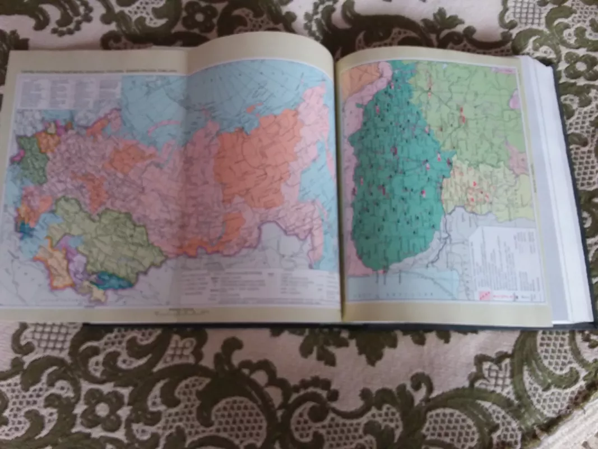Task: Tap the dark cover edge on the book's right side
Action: coord(583,224)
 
